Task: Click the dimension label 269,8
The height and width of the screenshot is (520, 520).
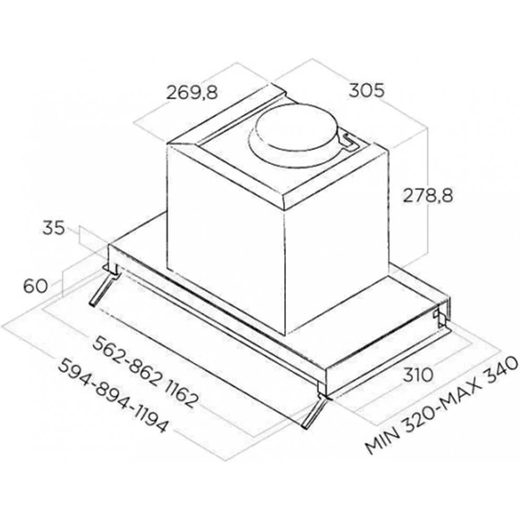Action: [x=192, y=94]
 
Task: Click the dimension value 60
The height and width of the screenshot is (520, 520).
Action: [x=36, y=284]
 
